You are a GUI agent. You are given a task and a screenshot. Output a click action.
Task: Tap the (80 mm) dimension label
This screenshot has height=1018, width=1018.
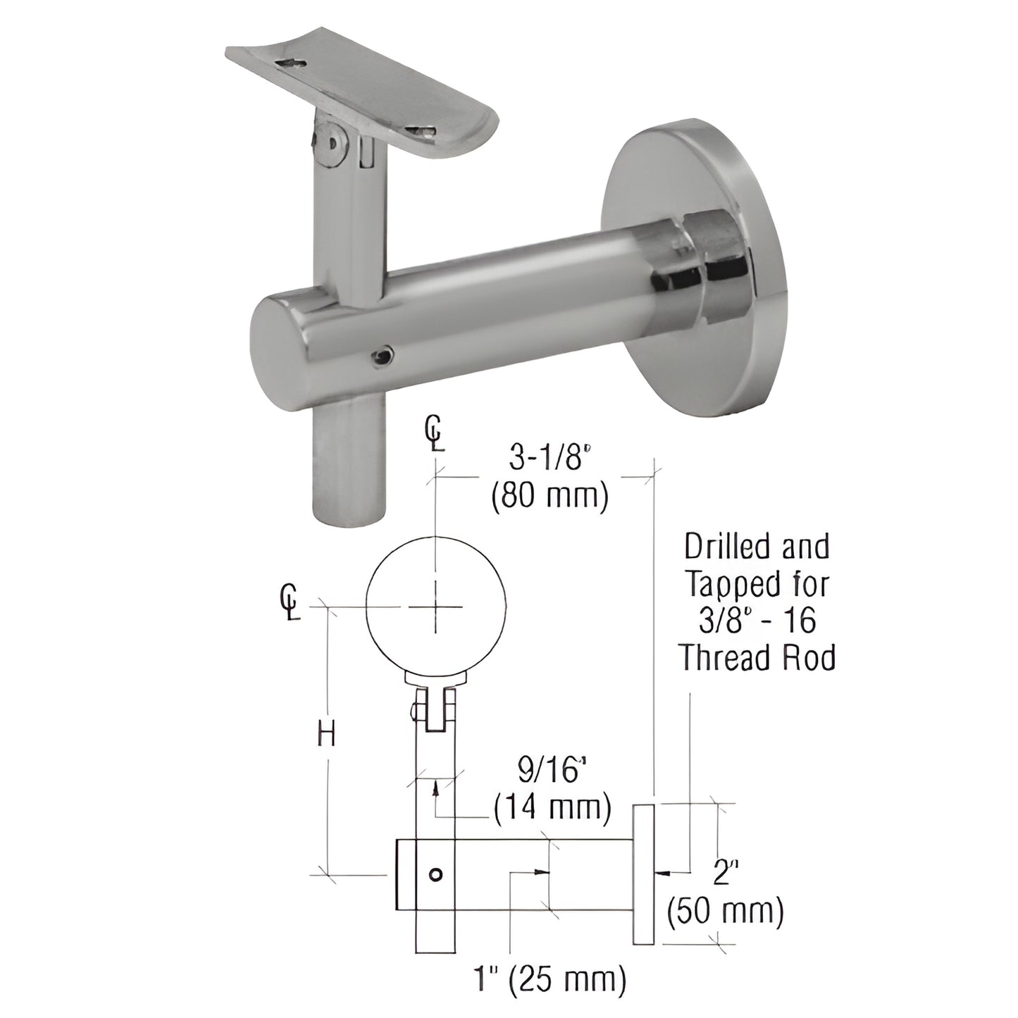coord(548,495)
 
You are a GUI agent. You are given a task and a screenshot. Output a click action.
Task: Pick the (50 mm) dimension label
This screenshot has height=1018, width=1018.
coord(725,910)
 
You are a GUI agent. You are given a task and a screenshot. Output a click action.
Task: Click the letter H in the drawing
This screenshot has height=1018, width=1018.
coord(325,736)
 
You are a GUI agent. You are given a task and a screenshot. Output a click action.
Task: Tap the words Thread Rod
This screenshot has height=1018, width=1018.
coord(757,657)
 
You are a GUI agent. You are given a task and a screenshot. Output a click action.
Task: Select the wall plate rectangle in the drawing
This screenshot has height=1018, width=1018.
coord(643,874)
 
